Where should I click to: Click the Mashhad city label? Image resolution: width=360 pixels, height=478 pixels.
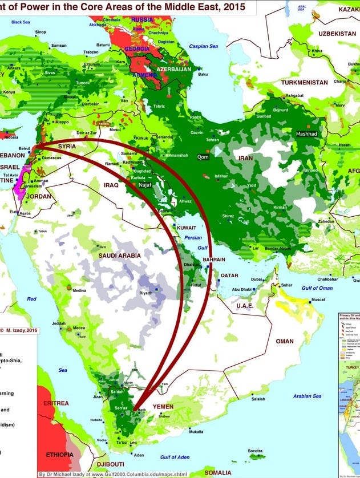click(306, 133)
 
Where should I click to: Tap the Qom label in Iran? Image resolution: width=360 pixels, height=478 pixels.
click(203, 157)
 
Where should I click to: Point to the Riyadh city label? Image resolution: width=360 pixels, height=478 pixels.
click(146, 293)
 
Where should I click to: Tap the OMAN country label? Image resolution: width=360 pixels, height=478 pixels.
click(284, 341)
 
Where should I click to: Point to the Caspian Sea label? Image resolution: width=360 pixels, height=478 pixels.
click(204, 46)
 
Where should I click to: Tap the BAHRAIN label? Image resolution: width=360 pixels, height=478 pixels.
click(215, 260)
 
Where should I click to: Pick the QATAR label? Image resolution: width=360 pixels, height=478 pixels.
click(230, 275)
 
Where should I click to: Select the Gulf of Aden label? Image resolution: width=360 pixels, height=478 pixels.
click(175, 457)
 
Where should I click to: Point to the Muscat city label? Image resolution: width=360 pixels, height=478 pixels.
click(318, 299)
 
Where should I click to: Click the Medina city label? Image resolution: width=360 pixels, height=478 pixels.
click(79, 290)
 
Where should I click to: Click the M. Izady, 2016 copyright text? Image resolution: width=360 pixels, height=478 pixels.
click(19, 330)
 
